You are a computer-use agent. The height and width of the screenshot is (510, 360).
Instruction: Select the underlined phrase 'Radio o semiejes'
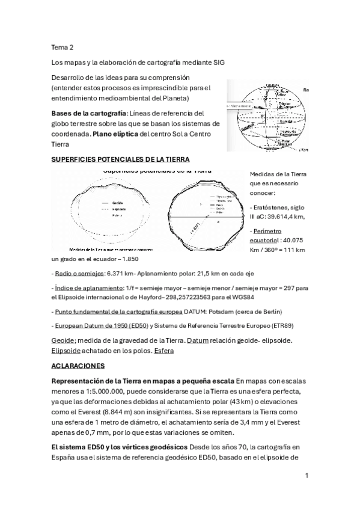[78, 273]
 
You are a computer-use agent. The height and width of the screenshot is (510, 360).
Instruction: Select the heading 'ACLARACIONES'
[78, 365]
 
